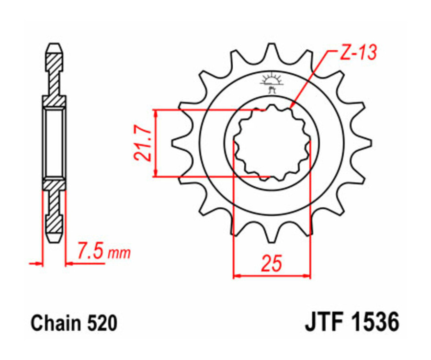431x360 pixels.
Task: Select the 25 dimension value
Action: (272, 264)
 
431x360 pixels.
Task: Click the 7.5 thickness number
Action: (91, 251)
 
